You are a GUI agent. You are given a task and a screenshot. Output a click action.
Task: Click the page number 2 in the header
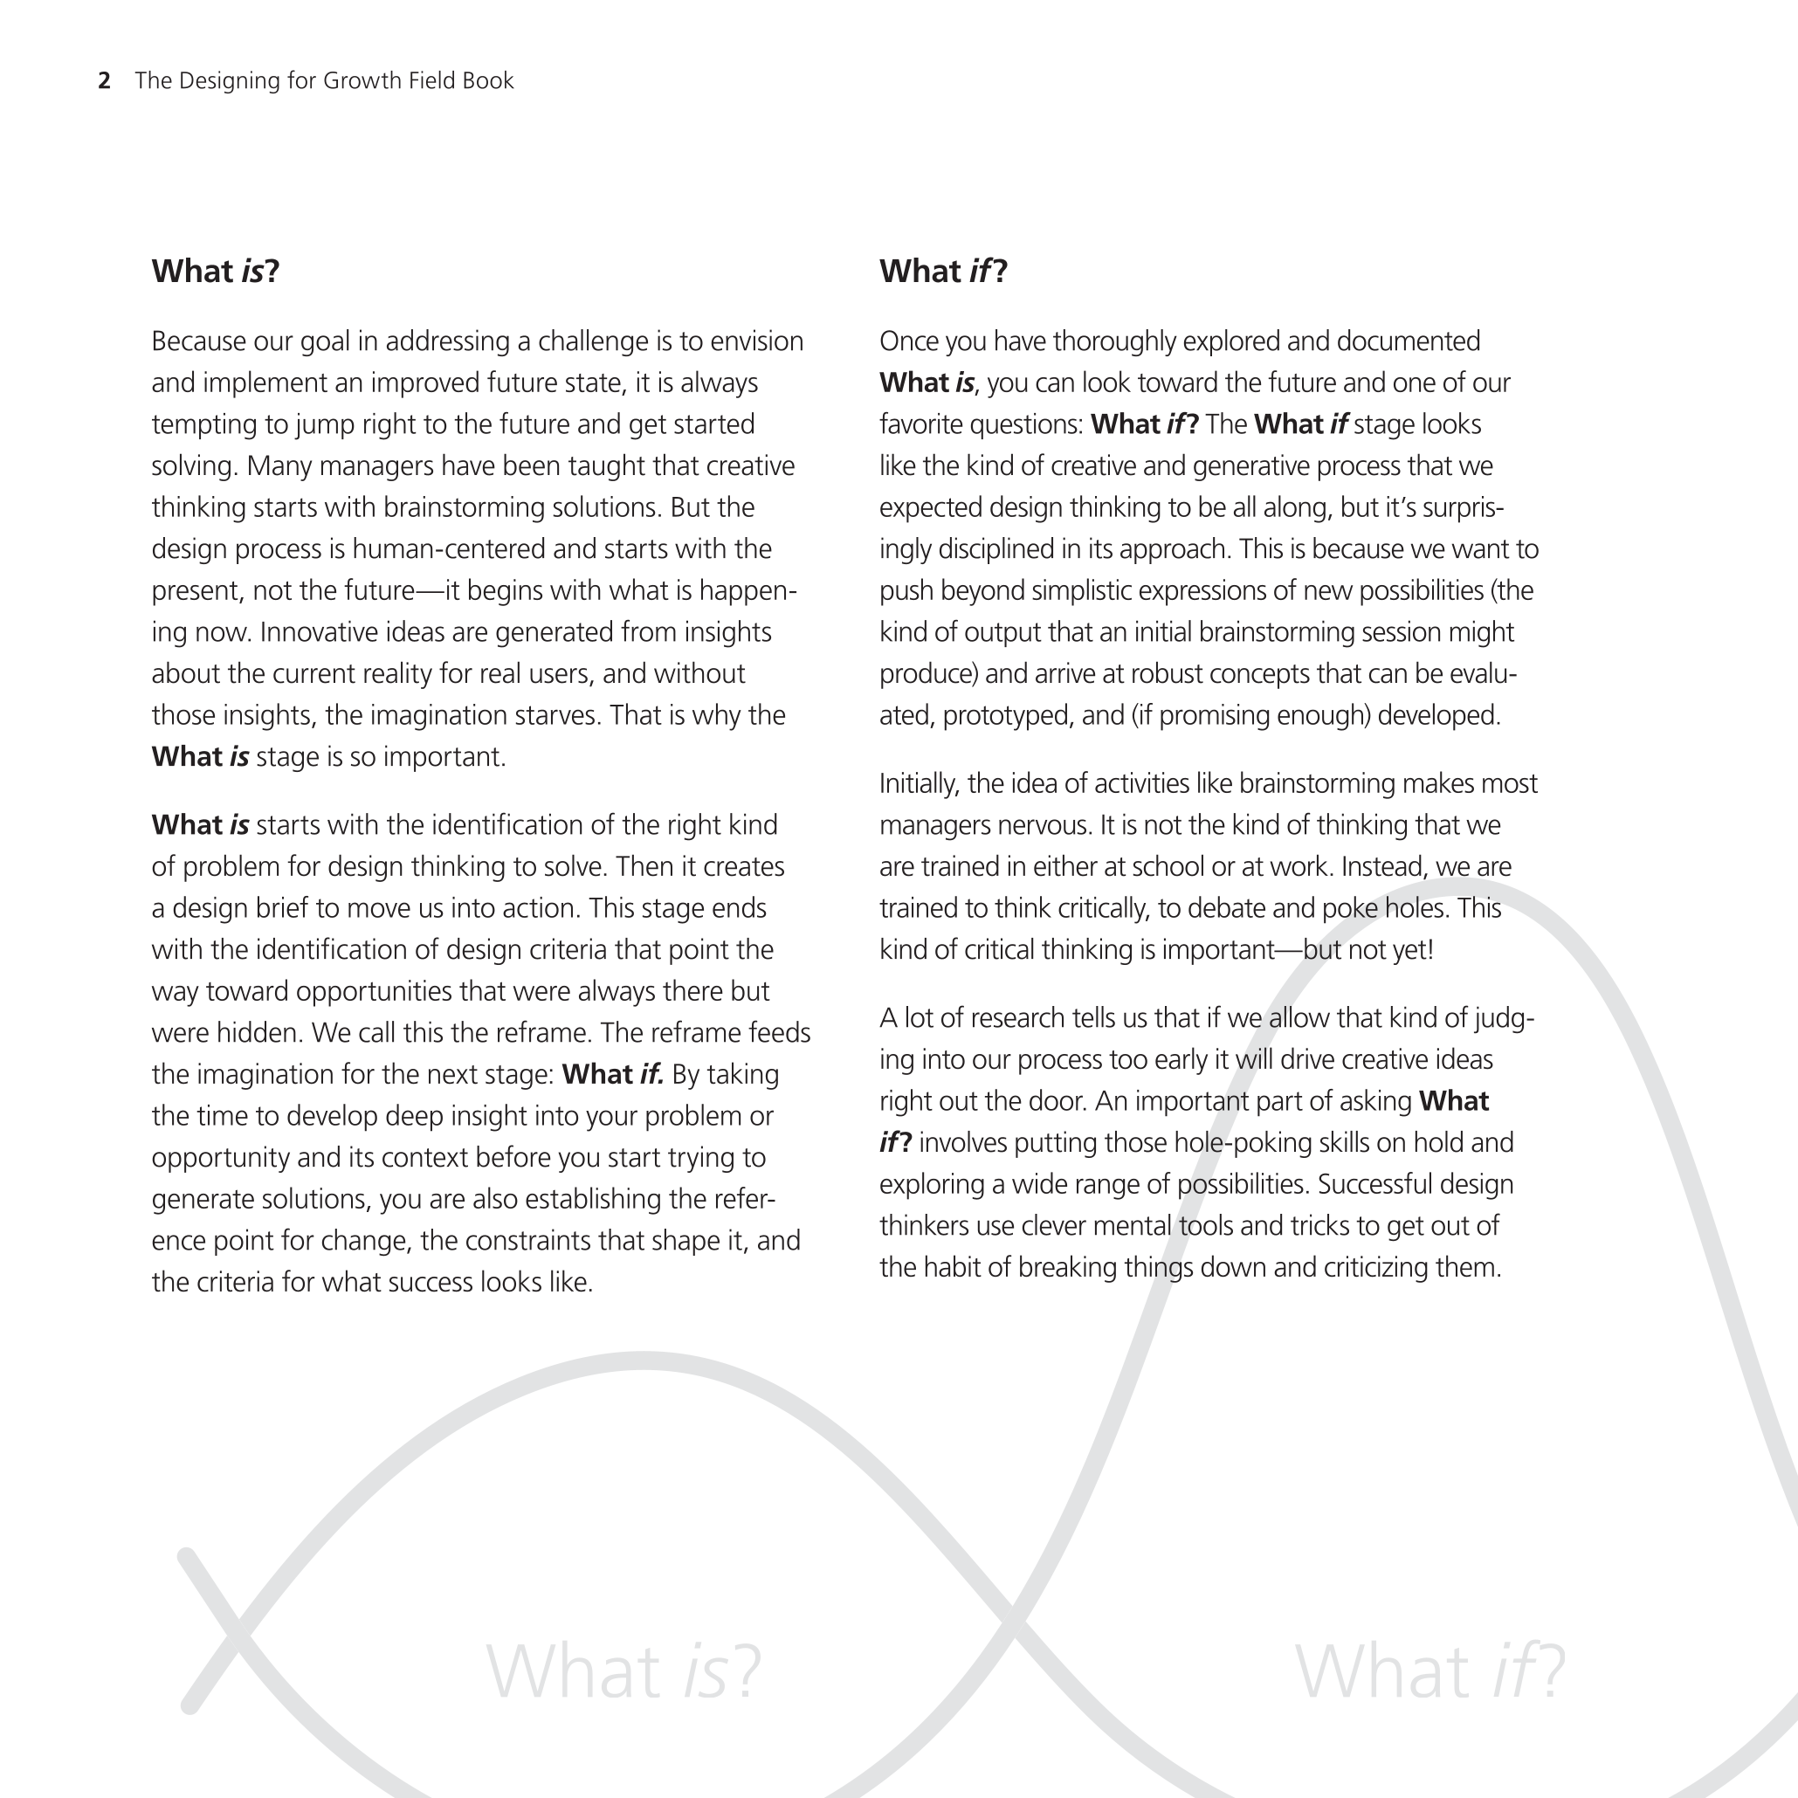click(x=104, y=81)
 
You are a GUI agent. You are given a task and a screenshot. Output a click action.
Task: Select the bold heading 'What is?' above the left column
click(x=216, y=271)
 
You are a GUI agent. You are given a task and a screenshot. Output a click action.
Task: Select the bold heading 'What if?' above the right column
click(x=943, y=271)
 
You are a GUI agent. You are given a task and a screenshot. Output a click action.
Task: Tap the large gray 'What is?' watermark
click(x=623, y=1672)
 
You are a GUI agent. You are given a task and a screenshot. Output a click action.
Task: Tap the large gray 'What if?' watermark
click(x=1429, y=1672)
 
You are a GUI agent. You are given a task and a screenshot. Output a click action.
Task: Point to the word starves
click(x=556, y=716)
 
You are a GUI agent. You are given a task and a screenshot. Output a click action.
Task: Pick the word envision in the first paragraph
click(x=756, y=341)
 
